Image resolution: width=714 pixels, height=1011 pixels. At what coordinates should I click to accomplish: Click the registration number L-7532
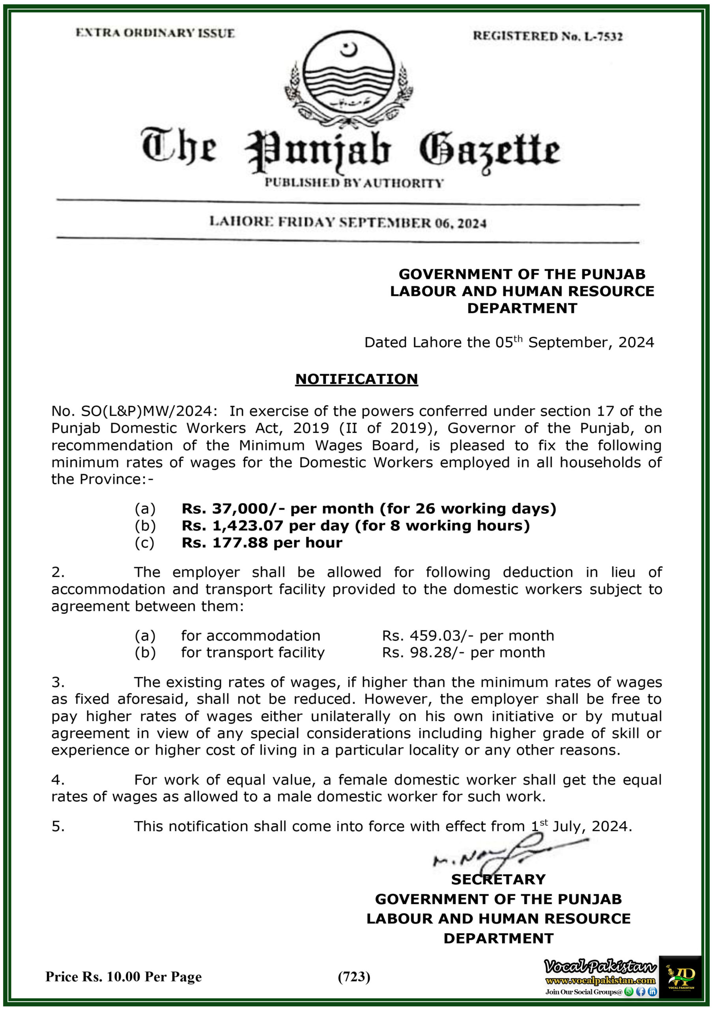[x=603, y=37]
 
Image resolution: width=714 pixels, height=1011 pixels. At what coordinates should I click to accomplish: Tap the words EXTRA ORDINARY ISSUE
[x=155, y=33]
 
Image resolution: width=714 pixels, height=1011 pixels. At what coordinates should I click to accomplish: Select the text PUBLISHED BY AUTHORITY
[x=354, y=183]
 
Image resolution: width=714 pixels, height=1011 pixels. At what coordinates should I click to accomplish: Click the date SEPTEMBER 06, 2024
[x=413, y=223]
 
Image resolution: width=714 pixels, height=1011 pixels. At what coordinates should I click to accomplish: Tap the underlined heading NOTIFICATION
[x=356, y=379]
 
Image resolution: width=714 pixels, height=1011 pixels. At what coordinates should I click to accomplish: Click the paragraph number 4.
[x=58, y=780]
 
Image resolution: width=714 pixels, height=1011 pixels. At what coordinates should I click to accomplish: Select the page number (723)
[x=354, y=977]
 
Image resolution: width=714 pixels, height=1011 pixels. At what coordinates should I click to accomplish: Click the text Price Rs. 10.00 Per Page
[x=123, y=977]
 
